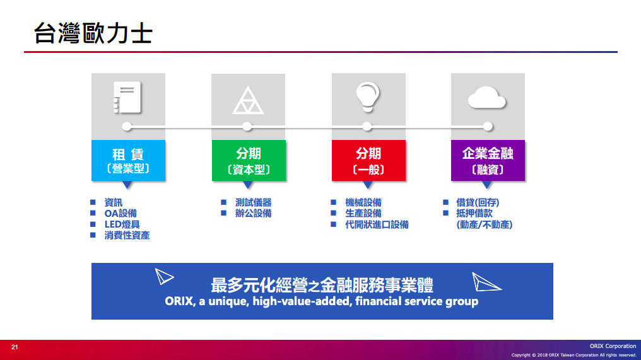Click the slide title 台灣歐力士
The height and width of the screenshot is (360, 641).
coord(93,33)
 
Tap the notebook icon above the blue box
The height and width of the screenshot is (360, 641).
coord(127,97)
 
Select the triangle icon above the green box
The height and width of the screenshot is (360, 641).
coord(248,100)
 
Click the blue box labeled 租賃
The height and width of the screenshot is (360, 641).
coord(128,161)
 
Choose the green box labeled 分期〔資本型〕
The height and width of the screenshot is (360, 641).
coord(249,161)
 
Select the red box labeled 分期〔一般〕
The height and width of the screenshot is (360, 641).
coord(368,161)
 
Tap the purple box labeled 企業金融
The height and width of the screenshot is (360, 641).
coord(488,161)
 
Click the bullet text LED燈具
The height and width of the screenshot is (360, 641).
coord(122,224)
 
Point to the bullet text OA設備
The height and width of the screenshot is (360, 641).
coord(121,213)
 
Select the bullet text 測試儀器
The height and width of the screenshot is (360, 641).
coord(254,202)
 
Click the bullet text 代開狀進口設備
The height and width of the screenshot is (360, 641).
coord(377,224)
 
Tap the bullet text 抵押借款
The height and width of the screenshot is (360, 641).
coord(474,213)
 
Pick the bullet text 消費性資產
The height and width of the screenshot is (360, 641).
coord(127,235)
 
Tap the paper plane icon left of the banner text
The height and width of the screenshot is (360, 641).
coord(164,276)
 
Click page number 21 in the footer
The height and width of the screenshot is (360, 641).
coord(15,347)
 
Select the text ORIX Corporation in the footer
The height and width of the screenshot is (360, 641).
coord(613,346)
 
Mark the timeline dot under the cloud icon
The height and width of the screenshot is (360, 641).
coord(488,127)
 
